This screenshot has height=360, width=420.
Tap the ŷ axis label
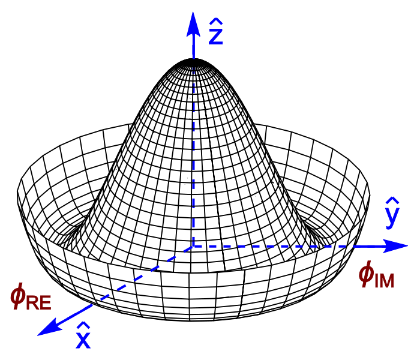392,212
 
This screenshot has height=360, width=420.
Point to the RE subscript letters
38,302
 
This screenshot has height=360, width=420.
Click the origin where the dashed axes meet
193,246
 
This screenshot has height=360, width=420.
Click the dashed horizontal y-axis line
270,246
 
